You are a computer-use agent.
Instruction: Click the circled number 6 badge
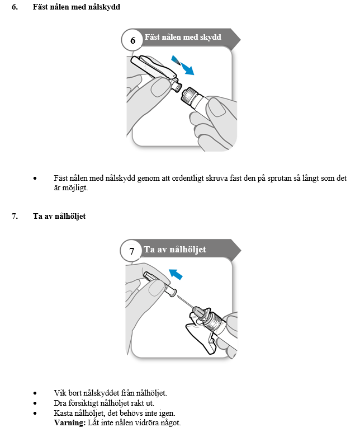click(132, 40)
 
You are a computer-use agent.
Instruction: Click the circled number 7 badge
click(132, 251)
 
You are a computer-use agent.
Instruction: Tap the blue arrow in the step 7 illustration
click(177, 274)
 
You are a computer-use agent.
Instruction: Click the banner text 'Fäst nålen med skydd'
click(183, 37)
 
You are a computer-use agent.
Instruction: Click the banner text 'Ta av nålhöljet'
click(175, 249)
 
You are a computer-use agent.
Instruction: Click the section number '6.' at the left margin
click(15, 7)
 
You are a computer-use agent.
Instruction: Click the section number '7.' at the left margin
click(15, 216)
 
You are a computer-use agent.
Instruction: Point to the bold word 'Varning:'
click(69, 421)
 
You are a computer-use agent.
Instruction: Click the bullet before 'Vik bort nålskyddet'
click(36, 393)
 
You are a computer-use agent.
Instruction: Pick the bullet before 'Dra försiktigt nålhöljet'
click(36, 403)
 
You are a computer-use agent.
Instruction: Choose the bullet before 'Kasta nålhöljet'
click(36, 412)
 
